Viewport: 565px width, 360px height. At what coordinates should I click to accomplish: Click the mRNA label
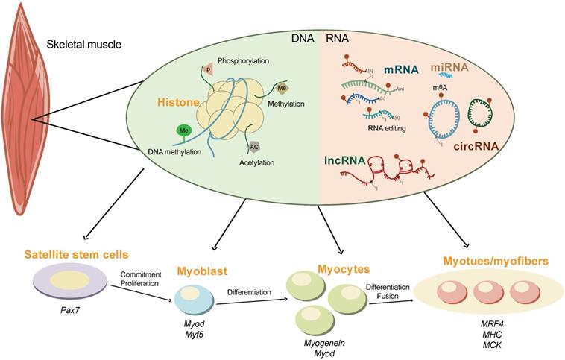coord(400,71)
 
